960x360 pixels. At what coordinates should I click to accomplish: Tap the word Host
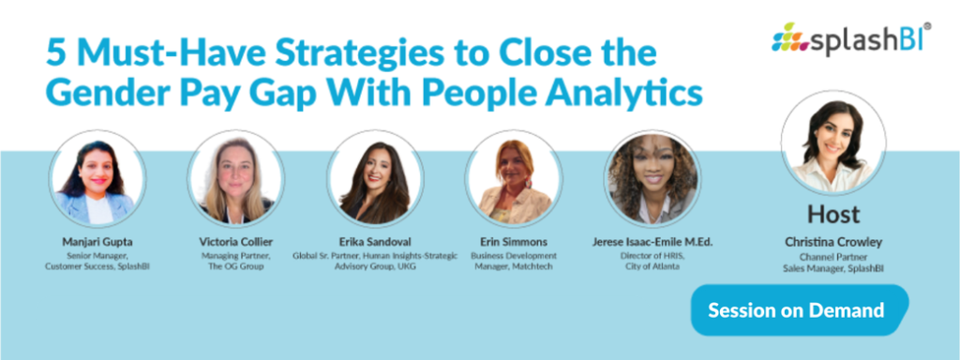tap(833, 214)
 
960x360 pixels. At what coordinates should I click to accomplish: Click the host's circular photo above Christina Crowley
tap(832, 143)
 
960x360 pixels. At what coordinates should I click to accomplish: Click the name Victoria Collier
tap(235, 242)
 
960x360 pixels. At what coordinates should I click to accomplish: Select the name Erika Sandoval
tap(375, 242)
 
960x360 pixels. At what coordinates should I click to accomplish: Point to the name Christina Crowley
tap(832, 242)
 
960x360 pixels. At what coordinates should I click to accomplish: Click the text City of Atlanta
tap(652, 267)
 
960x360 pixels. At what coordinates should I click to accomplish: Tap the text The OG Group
tap(237, 267)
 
